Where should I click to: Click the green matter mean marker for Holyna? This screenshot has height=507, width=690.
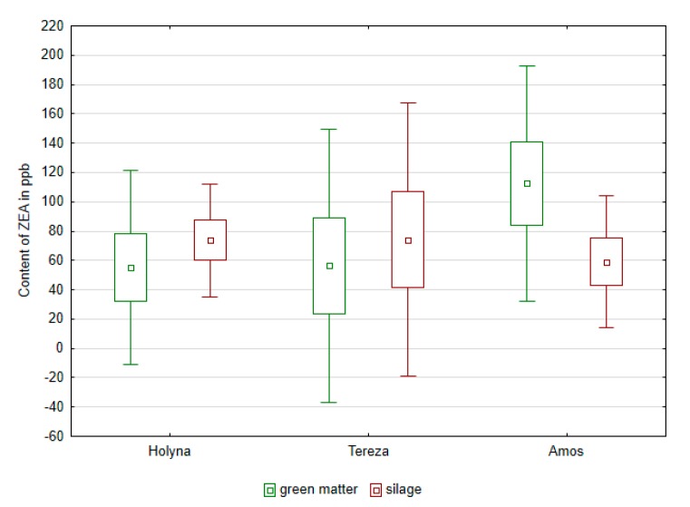pos(131,268)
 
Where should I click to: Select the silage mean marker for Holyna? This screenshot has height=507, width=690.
pos(210,240)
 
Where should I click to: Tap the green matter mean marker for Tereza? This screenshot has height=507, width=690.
pos(329,266)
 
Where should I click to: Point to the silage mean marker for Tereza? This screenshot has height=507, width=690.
pos(408,240)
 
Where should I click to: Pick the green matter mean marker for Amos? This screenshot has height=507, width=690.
pos(527,183)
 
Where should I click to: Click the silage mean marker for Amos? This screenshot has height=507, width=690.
pos(607,263)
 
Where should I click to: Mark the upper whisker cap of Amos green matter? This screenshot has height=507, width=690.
pos(527,66)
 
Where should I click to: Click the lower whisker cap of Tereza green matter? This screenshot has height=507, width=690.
pos(329,402)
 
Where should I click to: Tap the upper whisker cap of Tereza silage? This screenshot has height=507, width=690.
pos(408,102)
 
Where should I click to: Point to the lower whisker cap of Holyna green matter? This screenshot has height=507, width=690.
pos(131,364)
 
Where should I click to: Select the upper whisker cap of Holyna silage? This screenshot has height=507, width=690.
pos(210,184)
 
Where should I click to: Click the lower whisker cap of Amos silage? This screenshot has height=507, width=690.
pos(607,327)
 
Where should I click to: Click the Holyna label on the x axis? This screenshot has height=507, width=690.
pos(170,451)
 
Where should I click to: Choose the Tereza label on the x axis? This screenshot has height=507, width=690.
pos(369,451)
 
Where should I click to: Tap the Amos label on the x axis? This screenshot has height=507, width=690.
pos(567,451)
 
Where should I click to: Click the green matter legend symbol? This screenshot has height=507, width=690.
pos(269,490)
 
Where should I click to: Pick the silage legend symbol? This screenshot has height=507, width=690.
pos(376,490)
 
